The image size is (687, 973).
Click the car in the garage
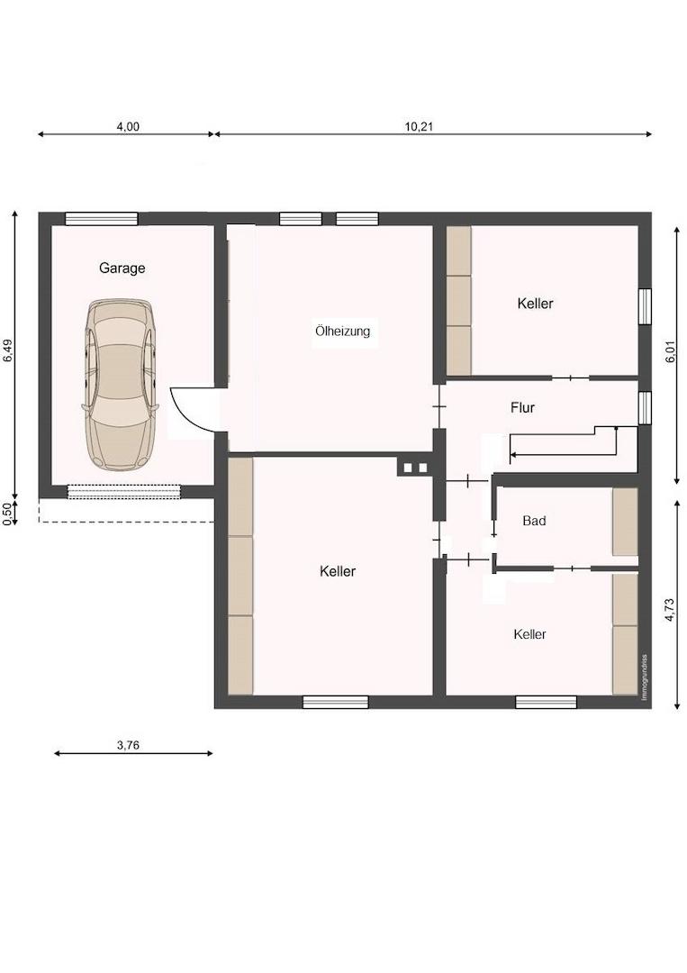pos(121,384)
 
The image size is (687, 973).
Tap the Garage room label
pos(122,268)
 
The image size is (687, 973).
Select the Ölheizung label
pos(343,331)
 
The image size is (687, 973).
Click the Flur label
pos(523,408)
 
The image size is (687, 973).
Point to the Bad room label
pos(534,521)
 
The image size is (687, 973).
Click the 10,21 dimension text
pos(420,127)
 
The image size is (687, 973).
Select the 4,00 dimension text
pos(129,127)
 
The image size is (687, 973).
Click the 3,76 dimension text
pos(129,745)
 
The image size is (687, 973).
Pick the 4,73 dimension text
pos(669,610)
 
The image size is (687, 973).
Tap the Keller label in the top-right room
pos(535,304)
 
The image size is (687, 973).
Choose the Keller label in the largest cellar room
pos(338,571)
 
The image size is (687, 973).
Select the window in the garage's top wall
pos(102,218)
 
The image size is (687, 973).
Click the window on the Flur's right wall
pos(646,408)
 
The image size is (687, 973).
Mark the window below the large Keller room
pos(336,702)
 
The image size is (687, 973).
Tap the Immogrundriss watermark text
pos(645,677)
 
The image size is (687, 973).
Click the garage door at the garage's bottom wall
pos(124,492)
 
